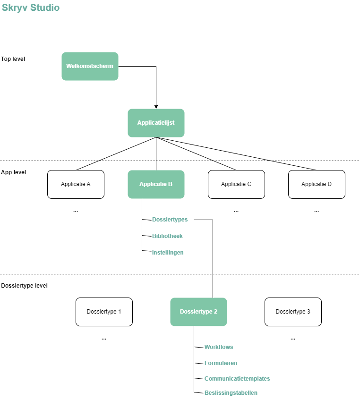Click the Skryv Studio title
coord(31,8)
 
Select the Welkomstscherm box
coord(90,66)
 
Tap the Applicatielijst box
coord(156,123)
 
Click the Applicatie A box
coord(76,184)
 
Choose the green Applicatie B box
coord(156,184)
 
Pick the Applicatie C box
coord(236,184)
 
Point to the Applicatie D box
coord(317,184)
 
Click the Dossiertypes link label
coord(170,220)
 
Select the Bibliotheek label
coord(167,236)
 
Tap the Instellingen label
coord(168,253)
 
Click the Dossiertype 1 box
coord(104,312)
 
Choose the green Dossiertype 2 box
coord(198,312)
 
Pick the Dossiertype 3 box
coord(293,312)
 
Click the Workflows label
coord(219,347)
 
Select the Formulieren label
coord(221,363)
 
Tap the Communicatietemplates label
coord(237,379)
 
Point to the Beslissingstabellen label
coord(231,393)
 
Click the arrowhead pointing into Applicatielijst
coord(156,107)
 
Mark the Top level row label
coord(13,59)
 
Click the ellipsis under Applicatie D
coord(317,212)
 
